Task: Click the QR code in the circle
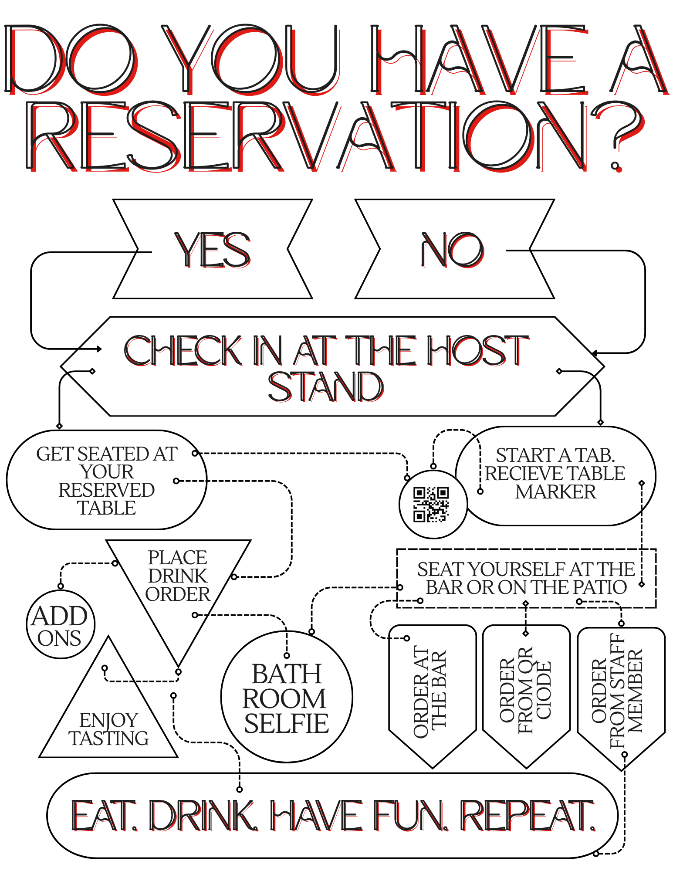[x=431, y=504]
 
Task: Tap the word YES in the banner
[x=213, y=250]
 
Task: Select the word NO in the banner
[x=452, y=250]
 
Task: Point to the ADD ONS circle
[x=61, y=624]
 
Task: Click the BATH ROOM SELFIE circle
[x=287, y=696]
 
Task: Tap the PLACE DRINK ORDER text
[x=178, y=576]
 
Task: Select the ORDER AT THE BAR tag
[x=432, y=696]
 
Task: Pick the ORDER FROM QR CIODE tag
[x=526, y=696]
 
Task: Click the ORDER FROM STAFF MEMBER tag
[x=621, y=698]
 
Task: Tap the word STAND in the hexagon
[x=325, y=387]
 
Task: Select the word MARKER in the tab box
[x=555, y=492]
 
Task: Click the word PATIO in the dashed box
[x=600, y=587]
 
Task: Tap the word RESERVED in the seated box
[x=107, y=490]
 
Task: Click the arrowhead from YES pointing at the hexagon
[x=99, y=349]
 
